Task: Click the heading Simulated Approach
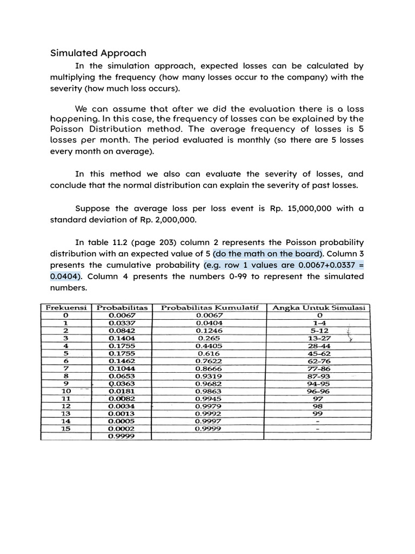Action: (x=98, y=53)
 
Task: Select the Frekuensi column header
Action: (x=65, y=307)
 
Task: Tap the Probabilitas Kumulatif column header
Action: (x=210, y=307)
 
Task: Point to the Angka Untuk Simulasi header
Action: (x=319, y=307)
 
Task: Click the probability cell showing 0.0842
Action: (x=122, y=330)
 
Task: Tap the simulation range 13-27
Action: (x=319, y=338)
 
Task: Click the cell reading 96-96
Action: (x=319, y=391)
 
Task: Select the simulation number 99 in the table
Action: (x=319, y=413)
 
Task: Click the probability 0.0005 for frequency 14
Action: (x=122, y=421)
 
